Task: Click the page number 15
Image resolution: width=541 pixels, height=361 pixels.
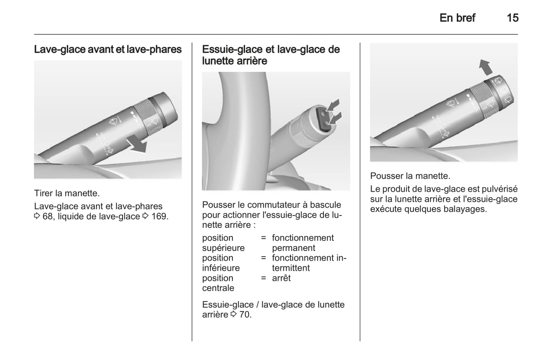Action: (x=513, y=18)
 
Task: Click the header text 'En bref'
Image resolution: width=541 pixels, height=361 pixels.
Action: (x=457, y=18)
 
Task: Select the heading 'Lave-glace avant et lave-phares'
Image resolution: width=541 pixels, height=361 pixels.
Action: (x=108, y=49)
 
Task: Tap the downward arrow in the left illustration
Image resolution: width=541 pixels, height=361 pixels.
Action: (x=137, y=143)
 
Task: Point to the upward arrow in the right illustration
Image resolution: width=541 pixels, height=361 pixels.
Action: (x=486, y=67)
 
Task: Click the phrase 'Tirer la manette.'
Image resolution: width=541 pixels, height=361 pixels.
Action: (x=67, y=193)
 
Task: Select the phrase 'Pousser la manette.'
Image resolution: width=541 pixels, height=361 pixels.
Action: (x=410, y=176)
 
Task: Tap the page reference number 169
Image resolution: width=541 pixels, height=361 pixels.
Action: (x=159, y=216)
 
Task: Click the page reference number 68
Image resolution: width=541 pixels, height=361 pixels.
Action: (x=48, y=216)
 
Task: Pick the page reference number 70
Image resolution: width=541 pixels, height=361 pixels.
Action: (x=245, y=315)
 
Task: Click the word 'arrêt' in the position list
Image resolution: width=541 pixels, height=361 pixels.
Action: (x=282, y=278)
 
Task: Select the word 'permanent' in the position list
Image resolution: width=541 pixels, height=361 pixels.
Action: (x=294, y=248)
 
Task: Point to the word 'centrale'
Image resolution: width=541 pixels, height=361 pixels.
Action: (x=218, y=288)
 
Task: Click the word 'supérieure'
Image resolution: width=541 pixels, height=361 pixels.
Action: (x=224, y=248)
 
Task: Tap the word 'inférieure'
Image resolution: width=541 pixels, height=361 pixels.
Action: (x=221, y=268)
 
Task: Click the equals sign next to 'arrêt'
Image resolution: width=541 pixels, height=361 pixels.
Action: (x=263, y=278)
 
